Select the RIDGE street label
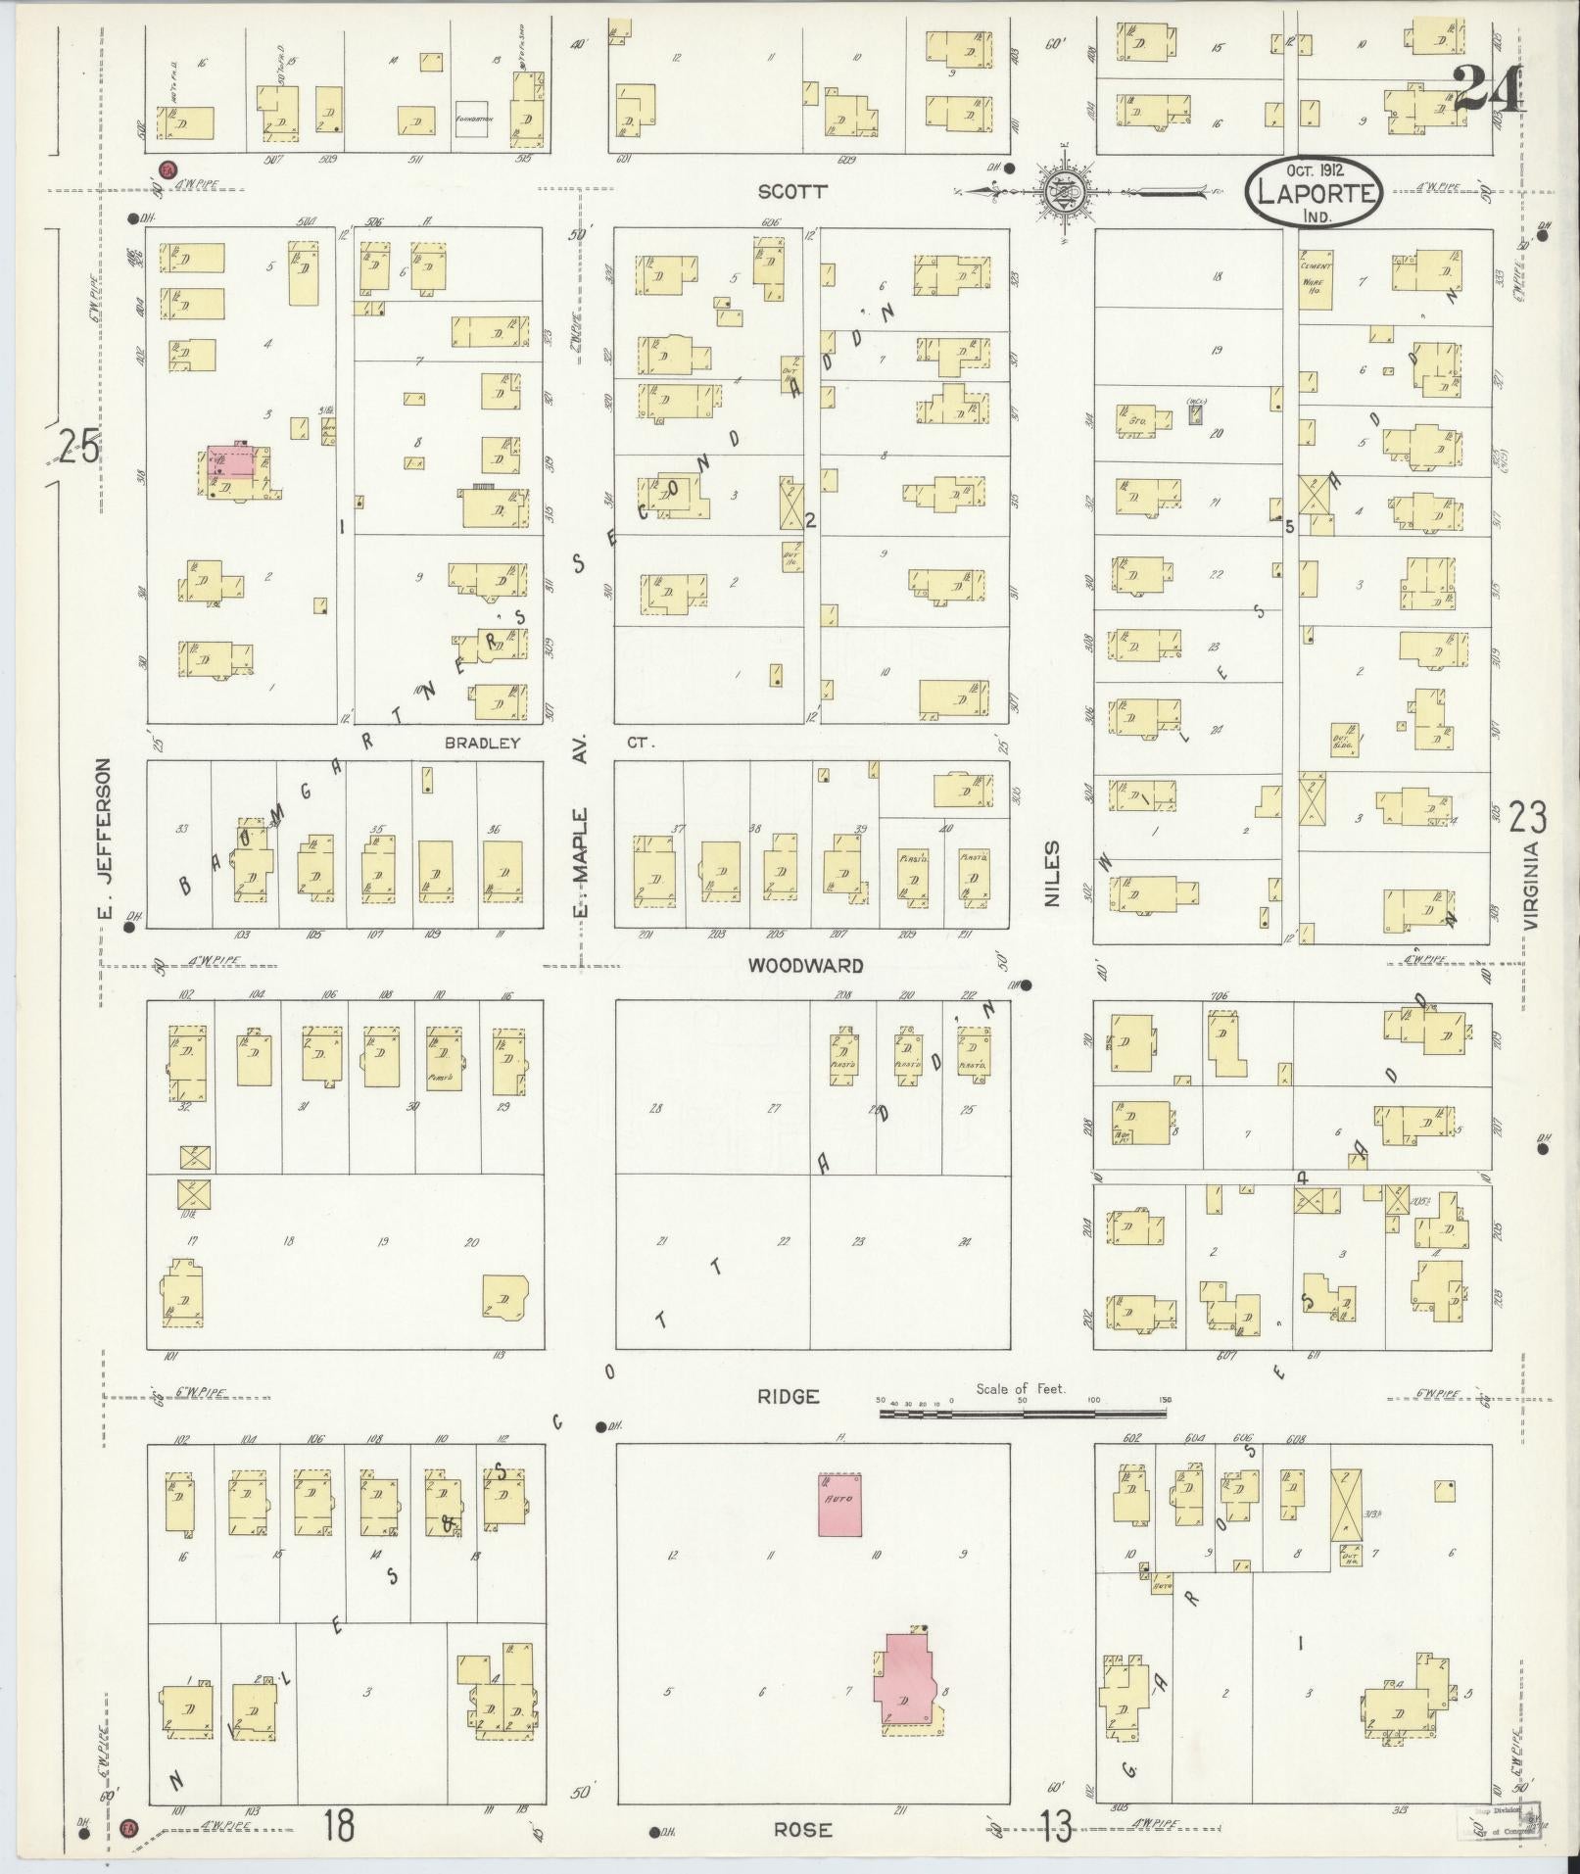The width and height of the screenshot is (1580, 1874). coord(788,1396)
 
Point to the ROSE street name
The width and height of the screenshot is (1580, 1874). coord(803,1829)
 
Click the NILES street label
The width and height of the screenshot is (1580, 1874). coord(1053,873)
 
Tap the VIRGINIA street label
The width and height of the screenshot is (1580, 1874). coord(1533,887)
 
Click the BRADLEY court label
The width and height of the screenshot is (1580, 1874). coord(482,743)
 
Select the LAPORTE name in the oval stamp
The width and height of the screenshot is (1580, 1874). coord(1316,193)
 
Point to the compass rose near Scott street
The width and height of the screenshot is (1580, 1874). coord(1062,191)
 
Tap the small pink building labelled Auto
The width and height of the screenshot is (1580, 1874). coord(840,1505)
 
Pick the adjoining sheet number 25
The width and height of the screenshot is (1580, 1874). coord(78,448)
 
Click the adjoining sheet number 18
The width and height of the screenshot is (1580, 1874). coord(339,1825)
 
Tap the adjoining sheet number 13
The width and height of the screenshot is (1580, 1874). coord(1056,1825)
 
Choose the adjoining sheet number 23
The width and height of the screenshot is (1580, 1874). coord(1528,816)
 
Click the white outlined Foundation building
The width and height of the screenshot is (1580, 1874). coord(471,120)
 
